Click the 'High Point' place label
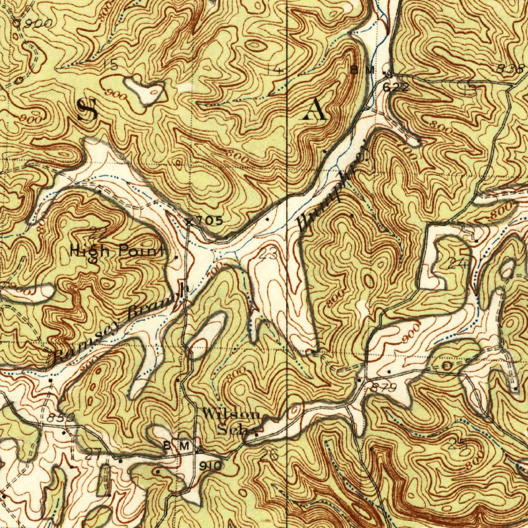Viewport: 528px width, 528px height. point(118,251)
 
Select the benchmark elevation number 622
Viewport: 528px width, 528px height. point(396,88)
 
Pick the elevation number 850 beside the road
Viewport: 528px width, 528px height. point(65,417)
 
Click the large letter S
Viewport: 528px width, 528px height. point(87,110)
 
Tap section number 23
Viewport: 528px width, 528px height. point(268,254)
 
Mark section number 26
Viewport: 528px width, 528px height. point(270,455)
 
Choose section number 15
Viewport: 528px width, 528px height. point(109,64)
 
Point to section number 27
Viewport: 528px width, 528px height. point(92,454)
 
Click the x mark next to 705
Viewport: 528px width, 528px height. point(189,221)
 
